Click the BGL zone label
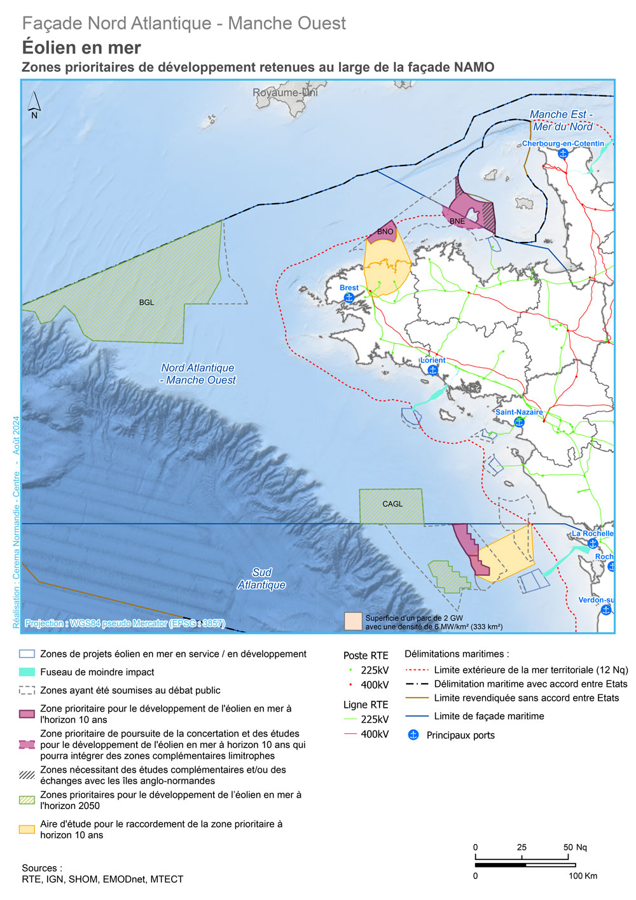146,302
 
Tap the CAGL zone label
392,504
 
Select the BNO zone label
385,232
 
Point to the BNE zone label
457,221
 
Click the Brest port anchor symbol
349,297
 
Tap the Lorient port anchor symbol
432,370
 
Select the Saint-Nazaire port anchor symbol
519,422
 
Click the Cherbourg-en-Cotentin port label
563,144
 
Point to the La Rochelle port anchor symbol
593,543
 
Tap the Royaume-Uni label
285,93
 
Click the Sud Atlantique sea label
261,579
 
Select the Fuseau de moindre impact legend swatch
27,672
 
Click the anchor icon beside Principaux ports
413,735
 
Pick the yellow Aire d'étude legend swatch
27,829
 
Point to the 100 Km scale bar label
583,876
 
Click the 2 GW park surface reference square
353,622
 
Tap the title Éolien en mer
81,48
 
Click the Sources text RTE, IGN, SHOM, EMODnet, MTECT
102,879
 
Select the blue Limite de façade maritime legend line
416,716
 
